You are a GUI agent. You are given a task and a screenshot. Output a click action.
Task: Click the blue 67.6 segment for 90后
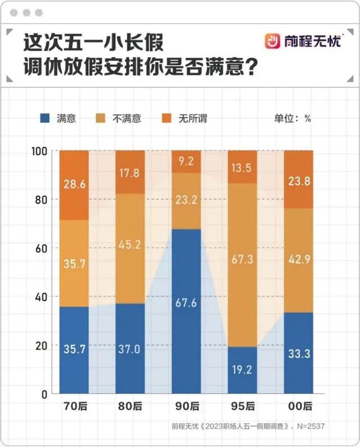186,311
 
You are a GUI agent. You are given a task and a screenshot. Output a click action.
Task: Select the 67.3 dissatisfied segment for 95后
242,264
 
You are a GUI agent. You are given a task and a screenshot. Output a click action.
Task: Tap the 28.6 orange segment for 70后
74,185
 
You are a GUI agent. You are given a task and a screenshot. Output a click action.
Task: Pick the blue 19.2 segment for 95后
242,370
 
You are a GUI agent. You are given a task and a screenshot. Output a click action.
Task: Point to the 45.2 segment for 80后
130,248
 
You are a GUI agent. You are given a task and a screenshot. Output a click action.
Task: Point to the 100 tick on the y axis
42,151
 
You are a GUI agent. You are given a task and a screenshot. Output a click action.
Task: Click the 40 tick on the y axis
44,297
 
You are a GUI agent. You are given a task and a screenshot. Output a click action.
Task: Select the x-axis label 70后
74,406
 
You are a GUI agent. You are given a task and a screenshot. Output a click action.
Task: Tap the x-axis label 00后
298,406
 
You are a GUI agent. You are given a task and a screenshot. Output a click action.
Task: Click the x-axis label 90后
186,406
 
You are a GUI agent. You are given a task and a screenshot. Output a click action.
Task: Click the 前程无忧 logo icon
273,41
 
